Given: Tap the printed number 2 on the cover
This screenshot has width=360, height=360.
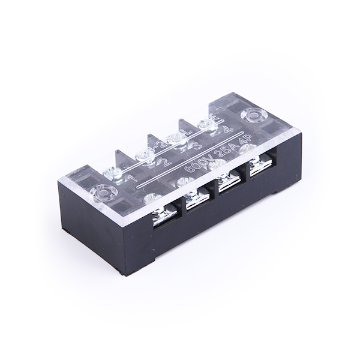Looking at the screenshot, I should [167, 161].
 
